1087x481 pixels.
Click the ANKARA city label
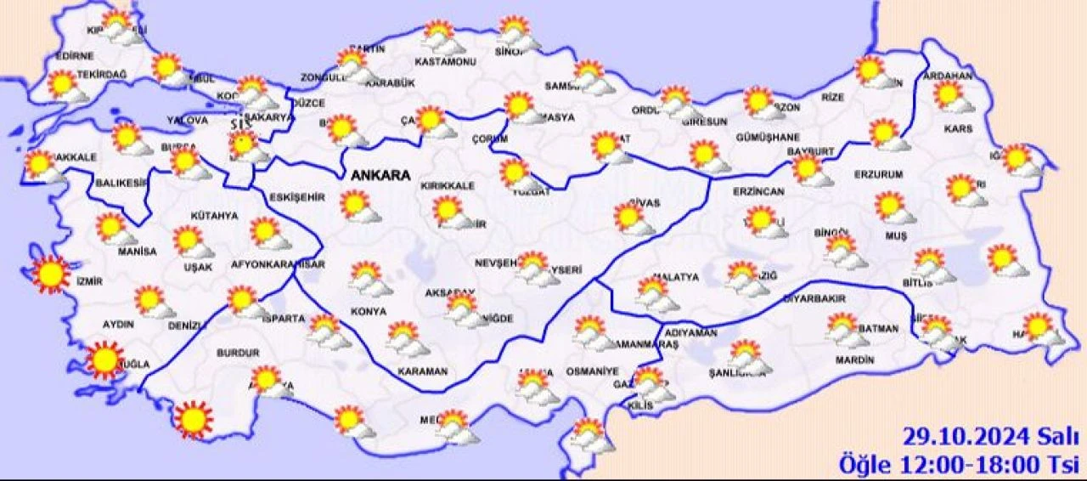coord(380,176)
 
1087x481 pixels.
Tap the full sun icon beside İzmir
coord(50,274)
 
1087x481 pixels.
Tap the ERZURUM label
coord(879,174)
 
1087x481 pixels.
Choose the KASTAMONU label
coord(439,61)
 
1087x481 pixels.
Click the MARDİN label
coord(854,359)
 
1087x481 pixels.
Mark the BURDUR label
coord(237,352)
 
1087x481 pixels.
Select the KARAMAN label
coord(423,372)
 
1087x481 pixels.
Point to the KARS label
coord(957,129)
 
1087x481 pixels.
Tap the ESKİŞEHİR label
coord(297,196)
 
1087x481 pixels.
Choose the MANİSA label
coord(137,252)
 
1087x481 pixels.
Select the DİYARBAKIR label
coord(814,299)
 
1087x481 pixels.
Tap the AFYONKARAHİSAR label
coord(278,264)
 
